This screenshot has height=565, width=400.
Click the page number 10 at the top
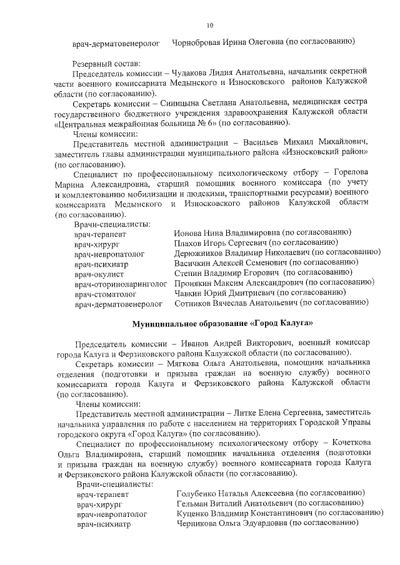point(210,26)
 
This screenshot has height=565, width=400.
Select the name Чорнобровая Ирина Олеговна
point(227,42)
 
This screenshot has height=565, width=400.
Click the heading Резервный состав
point(106,62)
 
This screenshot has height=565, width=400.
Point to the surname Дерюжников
point(201,252)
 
